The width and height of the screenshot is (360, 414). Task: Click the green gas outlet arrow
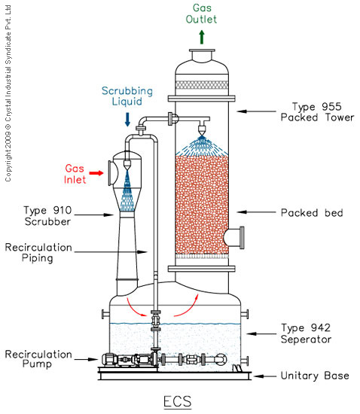[x=202, y=37]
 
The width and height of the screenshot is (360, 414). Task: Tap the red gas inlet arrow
[x=96, y=173]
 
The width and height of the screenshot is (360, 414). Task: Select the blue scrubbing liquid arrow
[x=127, y=120]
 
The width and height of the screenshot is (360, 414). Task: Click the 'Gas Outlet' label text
[x=201, y=14]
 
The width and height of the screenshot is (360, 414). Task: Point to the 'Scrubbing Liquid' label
[x=127, y=96]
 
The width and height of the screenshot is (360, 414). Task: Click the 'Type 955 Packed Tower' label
[x=317, y=112]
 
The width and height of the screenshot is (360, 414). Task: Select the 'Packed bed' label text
[x=312, y=212]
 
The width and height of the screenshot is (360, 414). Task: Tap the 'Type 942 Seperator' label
[x=306, y=333]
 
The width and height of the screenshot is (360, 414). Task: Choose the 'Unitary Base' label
[x=315, y=376]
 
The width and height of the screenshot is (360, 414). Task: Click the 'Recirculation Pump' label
[x=38, y=359]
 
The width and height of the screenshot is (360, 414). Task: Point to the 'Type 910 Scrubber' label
[x=47, y=216]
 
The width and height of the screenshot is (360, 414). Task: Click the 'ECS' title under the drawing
[x=178, y=401]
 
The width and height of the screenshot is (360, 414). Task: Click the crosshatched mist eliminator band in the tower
[x=202, y=85]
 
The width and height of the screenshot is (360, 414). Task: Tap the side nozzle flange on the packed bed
[x=242, y=238]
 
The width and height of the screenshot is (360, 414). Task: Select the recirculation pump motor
[x=110, y=360]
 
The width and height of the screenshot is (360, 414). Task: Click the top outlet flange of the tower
[x=202, y=50]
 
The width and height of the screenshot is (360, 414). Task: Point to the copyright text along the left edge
[x=8, y=93]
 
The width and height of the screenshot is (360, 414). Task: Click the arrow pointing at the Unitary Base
[x=264, y=376]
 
